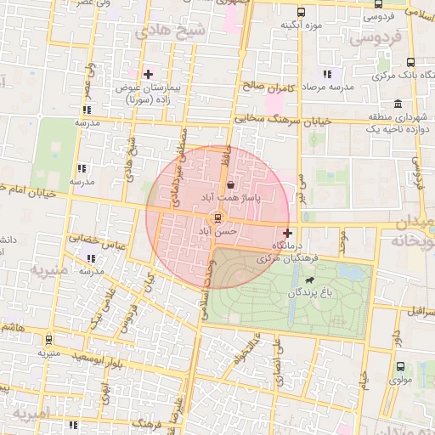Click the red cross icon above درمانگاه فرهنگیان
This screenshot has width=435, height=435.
tap(287, 233)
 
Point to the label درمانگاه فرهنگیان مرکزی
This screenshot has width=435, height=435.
tap(289, 252)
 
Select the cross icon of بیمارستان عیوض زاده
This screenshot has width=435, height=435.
tap(148, 75)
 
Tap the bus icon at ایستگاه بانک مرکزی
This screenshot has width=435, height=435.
tap(411, 62)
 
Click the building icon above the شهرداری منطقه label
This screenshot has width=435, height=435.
tap(398, 103)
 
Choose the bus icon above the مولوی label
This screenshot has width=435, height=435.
tap(400, 366)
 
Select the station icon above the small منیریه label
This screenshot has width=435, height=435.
tap(48, 339)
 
